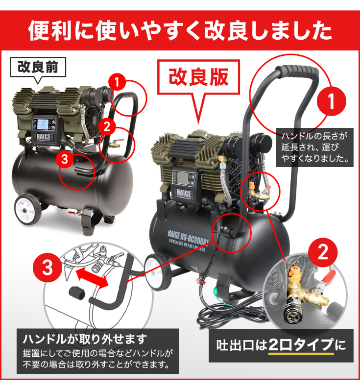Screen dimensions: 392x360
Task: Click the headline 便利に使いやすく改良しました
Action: pyautogui.click(x=180, y=30)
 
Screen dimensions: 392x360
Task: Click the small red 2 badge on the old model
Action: pyautogui.click(x=107, y=126)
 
